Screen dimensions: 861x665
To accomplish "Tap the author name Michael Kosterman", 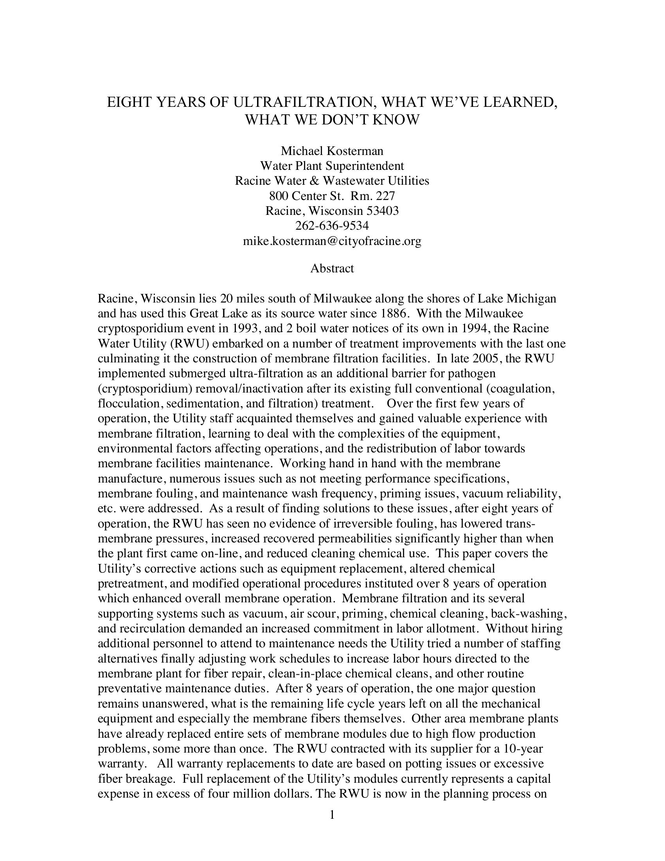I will pos(332,151).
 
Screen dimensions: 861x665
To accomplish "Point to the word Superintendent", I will pos(365,166).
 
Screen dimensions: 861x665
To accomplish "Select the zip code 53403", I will pos(383,211).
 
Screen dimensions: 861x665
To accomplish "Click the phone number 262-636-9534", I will pos(332,225).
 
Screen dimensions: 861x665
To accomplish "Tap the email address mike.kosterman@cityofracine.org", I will pos(332,241).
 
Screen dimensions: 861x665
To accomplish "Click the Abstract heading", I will pos(332,268).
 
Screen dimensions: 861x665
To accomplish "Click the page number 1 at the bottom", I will pos(332,815).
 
